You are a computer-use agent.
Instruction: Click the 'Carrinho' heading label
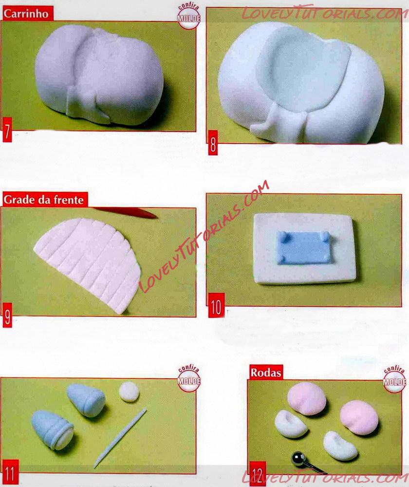(x=26, y=14)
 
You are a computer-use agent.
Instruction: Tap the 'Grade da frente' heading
(x=43, y=200)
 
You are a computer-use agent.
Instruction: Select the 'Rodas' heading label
(x=266, y=373)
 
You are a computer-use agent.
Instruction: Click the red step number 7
(x=7, y=130)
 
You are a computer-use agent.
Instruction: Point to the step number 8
(x=213, y=143)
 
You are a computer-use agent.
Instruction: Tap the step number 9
(x=7, y=316)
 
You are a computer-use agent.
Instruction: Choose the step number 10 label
(x=216, y=305)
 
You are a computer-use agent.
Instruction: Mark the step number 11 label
(x=10, y=472)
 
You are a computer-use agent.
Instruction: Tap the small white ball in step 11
(x=129, y=392)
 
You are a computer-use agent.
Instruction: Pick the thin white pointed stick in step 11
(x=120, y=438)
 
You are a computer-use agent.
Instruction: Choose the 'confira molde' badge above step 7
(x=188, y=17)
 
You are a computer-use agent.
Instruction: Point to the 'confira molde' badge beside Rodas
(x=394, y=379)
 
